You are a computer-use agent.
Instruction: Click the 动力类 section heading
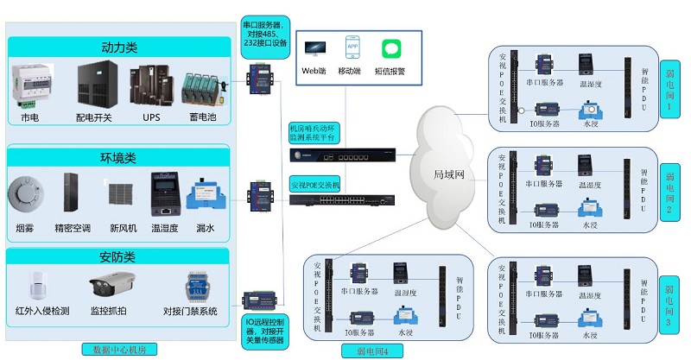click(x=119, y=47)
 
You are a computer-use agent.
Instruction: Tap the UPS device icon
click(x=151, y=85)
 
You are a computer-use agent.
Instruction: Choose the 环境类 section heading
click(x=119, y=158)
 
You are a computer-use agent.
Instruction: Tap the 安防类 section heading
click(x=119, y=256)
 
